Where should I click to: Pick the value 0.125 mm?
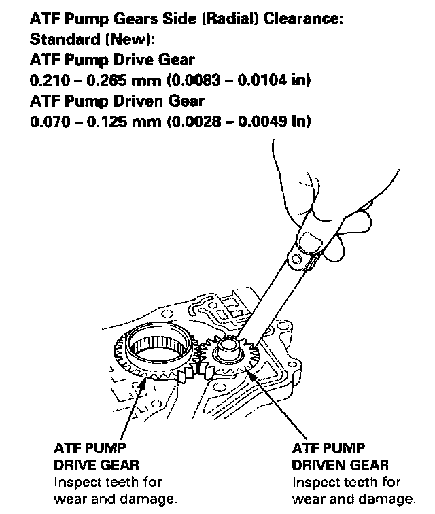(124, 122)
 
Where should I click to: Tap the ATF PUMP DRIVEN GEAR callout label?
(340, 457)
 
